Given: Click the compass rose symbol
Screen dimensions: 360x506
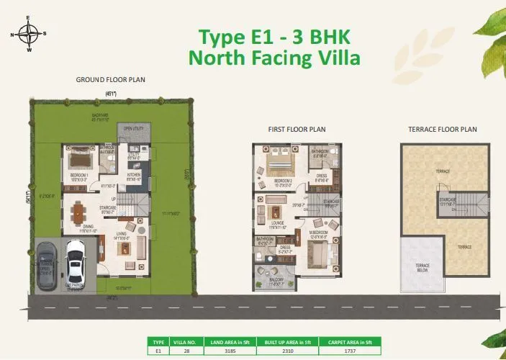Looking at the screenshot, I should pos(30,33).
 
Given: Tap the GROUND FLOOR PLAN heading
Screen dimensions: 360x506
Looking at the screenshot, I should pos(110,80).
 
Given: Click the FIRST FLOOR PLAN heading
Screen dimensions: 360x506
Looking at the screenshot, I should pos(297,130).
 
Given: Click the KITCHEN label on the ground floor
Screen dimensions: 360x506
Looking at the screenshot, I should pos(134,174).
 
